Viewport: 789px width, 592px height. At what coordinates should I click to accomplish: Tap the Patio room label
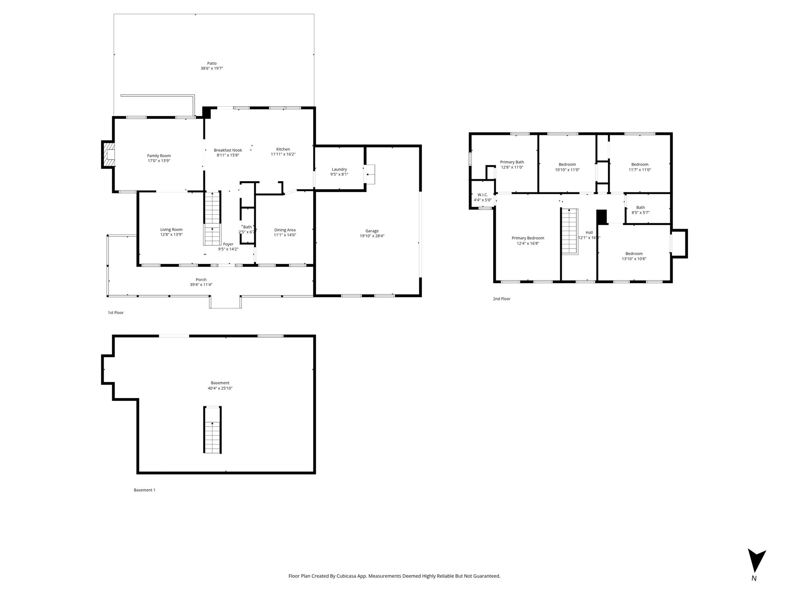click(x=212, y=64)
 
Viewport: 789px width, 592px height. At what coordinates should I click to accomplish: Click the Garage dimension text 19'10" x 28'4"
click(x=372, y=236)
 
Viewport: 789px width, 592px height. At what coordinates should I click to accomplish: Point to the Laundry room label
click(x=339, y=169)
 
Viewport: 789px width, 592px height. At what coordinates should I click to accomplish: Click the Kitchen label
click(x=283, y=149)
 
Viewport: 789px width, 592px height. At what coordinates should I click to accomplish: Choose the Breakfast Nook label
click(x=228, y=150)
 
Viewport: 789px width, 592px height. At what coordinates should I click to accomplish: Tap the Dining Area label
click(x=285, y=230)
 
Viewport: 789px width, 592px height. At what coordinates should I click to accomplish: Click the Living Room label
click(x=171, y=230)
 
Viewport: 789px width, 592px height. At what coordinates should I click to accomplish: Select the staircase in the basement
click(x=213, y=430)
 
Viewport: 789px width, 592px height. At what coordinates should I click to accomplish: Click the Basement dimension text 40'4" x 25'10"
click(x=220, y=388)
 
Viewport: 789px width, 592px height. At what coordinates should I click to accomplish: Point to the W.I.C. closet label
click(x=483, y=195)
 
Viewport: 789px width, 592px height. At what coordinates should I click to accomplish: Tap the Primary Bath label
click(x=512, y=162)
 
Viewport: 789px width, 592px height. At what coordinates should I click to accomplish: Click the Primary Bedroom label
click(x=528, y=238)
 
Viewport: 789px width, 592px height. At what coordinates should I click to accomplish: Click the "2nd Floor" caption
click(x=502, y=299)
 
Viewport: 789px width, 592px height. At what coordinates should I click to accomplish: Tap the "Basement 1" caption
click(x=144, y=490)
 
